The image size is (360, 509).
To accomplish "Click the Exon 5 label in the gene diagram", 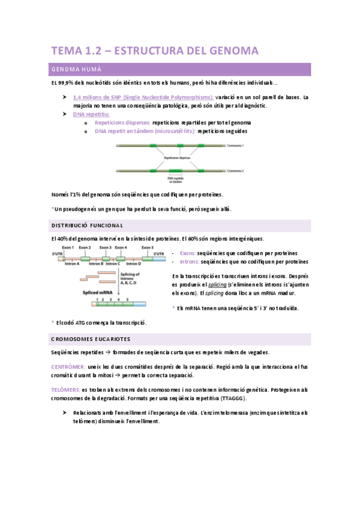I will pyautogui.click(x=148, y=247).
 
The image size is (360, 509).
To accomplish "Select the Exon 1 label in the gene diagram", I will pyautogui.click(x=68, y=247).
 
